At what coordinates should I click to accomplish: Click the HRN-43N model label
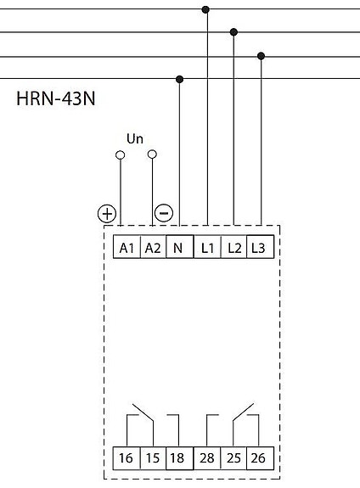click(x=56, y=98)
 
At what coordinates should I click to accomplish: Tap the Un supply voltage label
click(x=135, y=138)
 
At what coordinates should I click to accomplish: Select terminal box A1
click(x=127, y=247)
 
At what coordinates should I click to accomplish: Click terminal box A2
click(x=153, y=247)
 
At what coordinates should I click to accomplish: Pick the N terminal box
click(x=180, y=247)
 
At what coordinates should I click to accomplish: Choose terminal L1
click(x=207, y=247)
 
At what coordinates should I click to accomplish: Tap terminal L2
click(x=233, y=247)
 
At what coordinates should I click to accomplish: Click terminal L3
click(x=261, y=247)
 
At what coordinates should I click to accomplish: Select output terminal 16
click(x=127, y=458)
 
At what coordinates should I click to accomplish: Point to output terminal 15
click(x=153, y=458)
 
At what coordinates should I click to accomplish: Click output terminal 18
click(x=180, y=458)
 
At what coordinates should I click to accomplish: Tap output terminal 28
click(x=207, y=458)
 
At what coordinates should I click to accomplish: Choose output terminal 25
click(x=233, y=458)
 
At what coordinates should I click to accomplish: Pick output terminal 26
click(x=261, y=458)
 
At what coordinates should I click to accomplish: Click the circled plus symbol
click(x=107, y=214)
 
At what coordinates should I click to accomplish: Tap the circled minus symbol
click(x=164, y=213)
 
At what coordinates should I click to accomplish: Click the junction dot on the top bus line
click(x=205, y=9)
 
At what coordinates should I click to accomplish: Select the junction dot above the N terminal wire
click(x=179, y=80)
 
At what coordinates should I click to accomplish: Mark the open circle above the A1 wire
click(x=121, y=155)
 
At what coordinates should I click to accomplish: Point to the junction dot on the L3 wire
click(x=262, y=56)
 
